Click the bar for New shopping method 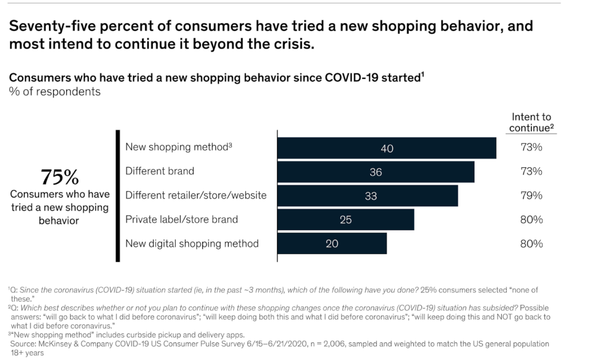click(386, 148)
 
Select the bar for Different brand click(376, 172)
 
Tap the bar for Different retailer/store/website click(367, 196)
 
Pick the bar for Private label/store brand click(345, 220)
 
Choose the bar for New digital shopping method click(332, 244)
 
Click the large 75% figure click(59, 177)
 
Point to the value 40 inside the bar click(387, 148)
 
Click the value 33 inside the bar click(371, 196)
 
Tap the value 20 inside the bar click(332, 244)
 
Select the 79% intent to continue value click(531, 196)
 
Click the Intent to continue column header click(531, 123)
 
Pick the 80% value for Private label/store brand click(531, 220)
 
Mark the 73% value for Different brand click(531, 172)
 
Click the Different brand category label click(159, 172)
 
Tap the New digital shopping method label click(192, 244)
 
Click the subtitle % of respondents click(54, 92)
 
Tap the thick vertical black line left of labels click(117, 196)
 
